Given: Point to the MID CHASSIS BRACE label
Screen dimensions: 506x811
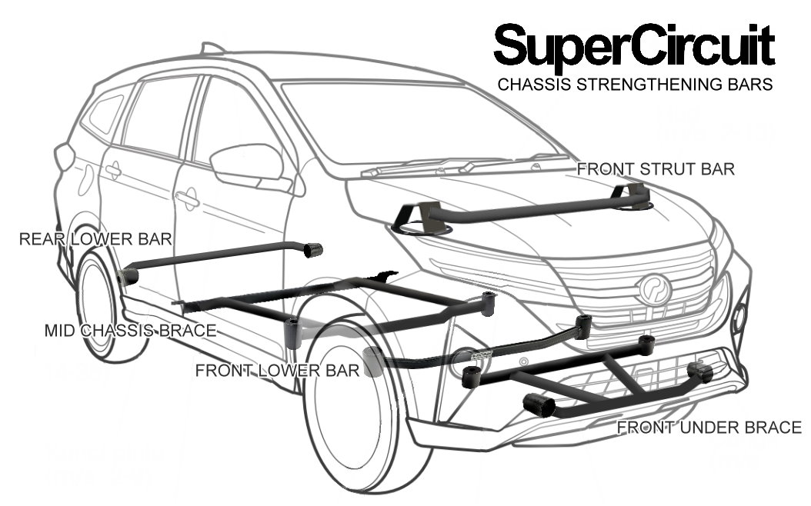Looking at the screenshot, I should [x=129, y=331].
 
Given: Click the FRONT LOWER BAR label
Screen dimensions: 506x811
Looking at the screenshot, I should [x=277, y=371].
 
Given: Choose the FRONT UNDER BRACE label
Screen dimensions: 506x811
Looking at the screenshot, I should [x=709, y=428].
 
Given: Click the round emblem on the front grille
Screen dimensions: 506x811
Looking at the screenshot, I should [x=654, y=289].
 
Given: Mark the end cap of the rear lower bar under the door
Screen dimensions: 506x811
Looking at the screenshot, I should [x=312, y=249].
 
